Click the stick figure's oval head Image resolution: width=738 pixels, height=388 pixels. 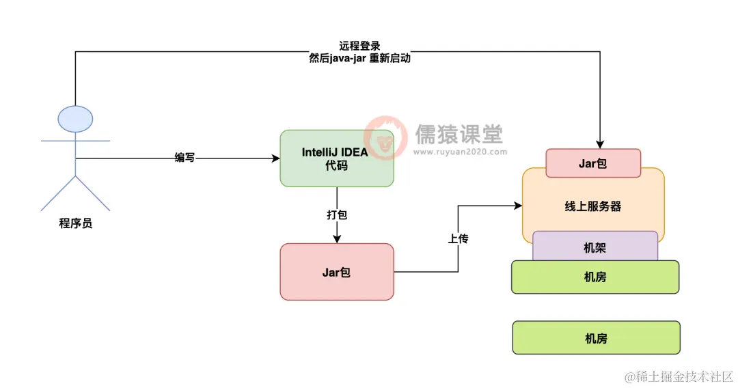[75, 119]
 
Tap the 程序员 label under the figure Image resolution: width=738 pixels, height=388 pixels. [76, 223]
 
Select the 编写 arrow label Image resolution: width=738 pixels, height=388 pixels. [184, 158]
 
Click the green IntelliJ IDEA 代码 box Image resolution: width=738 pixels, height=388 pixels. [336, 158]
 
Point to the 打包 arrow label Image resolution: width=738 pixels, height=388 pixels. [336, 214]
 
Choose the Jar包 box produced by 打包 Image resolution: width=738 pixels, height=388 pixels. [336, 272]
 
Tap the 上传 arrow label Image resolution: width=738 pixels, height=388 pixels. [458, 240]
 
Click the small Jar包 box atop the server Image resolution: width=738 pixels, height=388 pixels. [593, 163]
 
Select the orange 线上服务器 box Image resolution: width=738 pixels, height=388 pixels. [593, 206]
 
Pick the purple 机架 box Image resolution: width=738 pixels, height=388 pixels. [594, 247]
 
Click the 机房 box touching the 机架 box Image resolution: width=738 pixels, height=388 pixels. [595, 277]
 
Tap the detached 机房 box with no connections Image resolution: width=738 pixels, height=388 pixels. [596, 338]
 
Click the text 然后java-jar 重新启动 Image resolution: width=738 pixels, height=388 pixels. [359, 59]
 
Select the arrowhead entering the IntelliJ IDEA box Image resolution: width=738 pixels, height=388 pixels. [275, 158]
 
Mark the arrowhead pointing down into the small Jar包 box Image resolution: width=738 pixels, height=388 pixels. [599, 144]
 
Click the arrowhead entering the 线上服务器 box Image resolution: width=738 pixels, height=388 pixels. [517, 204]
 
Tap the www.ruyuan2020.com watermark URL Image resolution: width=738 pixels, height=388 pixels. [459, 152]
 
